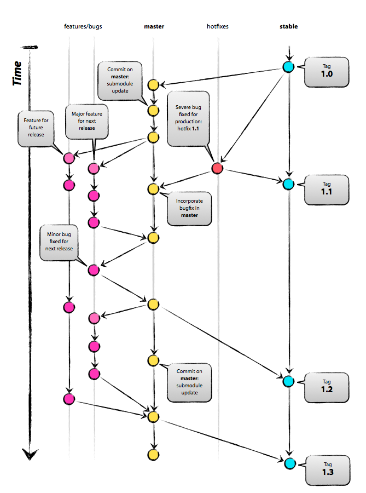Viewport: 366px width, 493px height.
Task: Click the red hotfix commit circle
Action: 217,169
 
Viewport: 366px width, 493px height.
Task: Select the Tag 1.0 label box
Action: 327,71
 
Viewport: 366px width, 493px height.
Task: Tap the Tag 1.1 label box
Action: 327,190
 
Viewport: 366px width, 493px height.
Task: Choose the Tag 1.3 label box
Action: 327,469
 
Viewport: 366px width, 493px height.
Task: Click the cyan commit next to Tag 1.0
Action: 288,67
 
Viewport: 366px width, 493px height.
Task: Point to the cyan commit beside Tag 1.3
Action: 289,463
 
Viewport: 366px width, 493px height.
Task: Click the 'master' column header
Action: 154,26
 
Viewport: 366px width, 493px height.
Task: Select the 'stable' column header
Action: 288,26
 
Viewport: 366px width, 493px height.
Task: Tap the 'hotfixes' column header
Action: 217,26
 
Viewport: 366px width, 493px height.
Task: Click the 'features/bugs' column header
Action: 83,26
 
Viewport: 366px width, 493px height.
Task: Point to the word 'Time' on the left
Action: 18,73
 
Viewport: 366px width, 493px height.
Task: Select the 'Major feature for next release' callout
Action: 86,121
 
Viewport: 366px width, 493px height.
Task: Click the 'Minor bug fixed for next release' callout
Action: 59,244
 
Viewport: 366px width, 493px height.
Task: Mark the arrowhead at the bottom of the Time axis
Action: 31,454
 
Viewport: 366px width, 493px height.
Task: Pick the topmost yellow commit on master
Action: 153,85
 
